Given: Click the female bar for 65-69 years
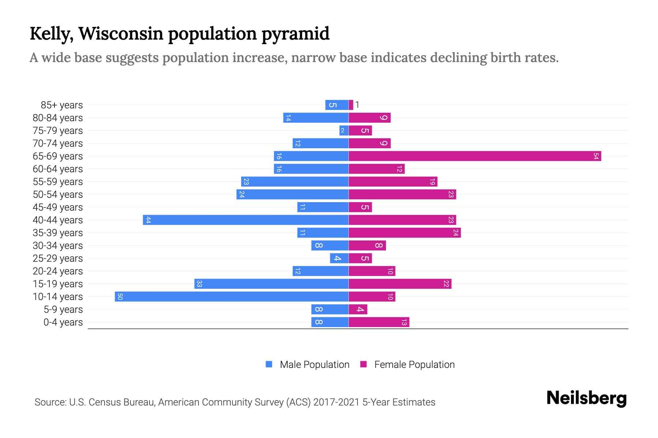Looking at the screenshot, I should tap(474, 156).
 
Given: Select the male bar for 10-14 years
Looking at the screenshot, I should tap(231, 296).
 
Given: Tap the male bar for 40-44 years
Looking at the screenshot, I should tap(246, 220).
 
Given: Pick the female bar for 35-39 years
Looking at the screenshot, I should tap(405, 233).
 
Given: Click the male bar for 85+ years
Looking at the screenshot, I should tap(337, 105).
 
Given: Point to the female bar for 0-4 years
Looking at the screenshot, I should tap(379, 322).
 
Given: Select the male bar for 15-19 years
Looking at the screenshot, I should tap(271, 284).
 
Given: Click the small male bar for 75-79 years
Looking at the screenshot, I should tap(344, 130).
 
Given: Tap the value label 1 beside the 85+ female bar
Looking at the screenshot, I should tap(357, 105).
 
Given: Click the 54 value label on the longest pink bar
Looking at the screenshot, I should tap(596, 156).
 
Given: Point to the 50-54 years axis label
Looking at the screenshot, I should tap(58, 195).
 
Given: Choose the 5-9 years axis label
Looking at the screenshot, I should tap(63, 310).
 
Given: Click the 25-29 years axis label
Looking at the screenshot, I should tap(58, 258).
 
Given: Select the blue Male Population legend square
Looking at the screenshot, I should tap(269, 364).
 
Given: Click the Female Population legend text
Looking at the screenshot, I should tap(414, 365).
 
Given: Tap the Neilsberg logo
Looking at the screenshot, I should tap(586, 398).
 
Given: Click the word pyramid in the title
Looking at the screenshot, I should tap(295, 34).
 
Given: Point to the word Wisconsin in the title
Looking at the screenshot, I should tap(121, 34).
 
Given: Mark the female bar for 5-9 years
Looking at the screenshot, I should tap(358, 310).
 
